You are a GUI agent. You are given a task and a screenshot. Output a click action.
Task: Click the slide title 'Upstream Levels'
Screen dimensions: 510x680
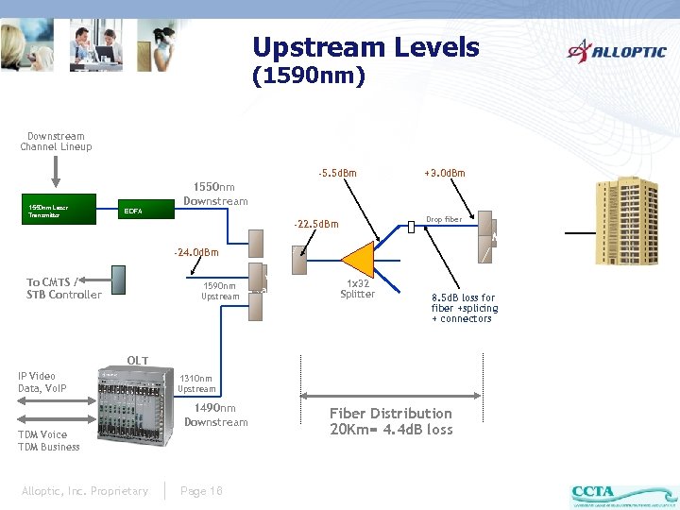[365, 47]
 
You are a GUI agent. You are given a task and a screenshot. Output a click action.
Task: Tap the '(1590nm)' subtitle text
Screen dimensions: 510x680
[309, 76]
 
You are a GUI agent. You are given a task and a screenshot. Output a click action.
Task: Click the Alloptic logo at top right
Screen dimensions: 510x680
[616, 51]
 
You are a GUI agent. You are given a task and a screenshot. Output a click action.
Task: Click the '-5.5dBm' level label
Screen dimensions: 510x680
[337, 174]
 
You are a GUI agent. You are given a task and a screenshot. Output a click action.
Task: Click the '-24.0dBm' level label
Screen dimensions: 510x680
[195, 253]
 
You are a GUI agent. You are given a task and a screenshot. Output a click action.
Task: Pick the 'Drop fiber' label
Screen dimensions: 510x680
[444, 220]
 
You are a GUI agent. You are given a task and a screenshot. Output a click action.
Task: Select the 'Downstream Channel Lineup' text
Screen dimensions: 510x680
[56, 142]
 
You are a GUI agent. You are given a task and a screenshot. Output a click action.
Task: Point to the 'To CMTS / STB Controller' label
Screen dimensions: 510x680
[63, 288]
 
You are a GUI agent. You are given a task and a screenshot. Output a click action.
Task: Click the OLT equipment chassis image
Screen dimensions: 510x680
[133, 416]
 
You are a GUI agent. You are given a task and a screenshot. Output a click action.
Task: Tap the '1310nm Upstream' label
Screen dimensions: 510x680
[196, 383]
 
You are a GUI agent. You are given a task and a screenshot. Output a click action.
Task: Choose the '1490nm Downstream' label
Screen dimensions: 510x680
[215, 415]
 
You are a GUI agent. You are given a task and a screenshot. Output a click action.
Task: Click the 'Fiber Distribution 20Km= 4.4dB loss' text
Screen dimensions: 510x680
[391, 421]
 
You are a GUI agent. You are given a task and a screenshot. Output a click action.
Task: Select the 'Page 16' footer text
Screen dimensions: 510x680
[201, 490]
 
